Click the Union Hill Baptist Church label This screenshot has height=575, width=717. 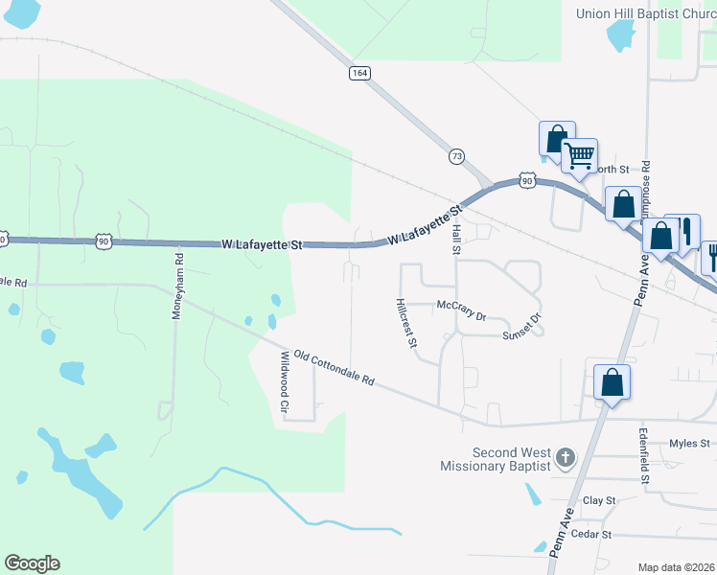pyautogui.click(x=645, y=13)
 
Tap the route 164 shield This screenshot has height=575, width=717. pyautogui.click(x=359, y=74)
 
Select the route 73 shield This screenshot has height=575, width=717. pyautogui.click(x=456, y=155)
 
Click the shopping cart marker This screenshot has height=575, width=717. pyautogui.click(x=579, y=155)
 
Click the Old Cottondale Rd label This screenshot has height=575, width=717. pyautogui.click(x=333, y=366)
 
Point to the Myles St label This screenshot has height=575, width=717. pyautogui.click(x=689, y=443)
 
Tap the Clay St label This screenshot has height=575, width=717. pyautogui.click(x=598, y=500)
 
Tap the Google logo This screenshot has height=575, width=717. pyautogui.click(x=32, y=563)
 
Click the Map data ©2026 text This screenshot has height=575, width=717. pyautogui.click(x=677, y=567)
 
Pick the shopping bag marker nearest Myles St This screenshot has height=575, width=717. pyautogui.click(x=612, y=383)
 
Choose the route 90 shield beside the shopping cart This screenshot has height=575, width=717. pyautogui.click(x=527, y=180)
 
